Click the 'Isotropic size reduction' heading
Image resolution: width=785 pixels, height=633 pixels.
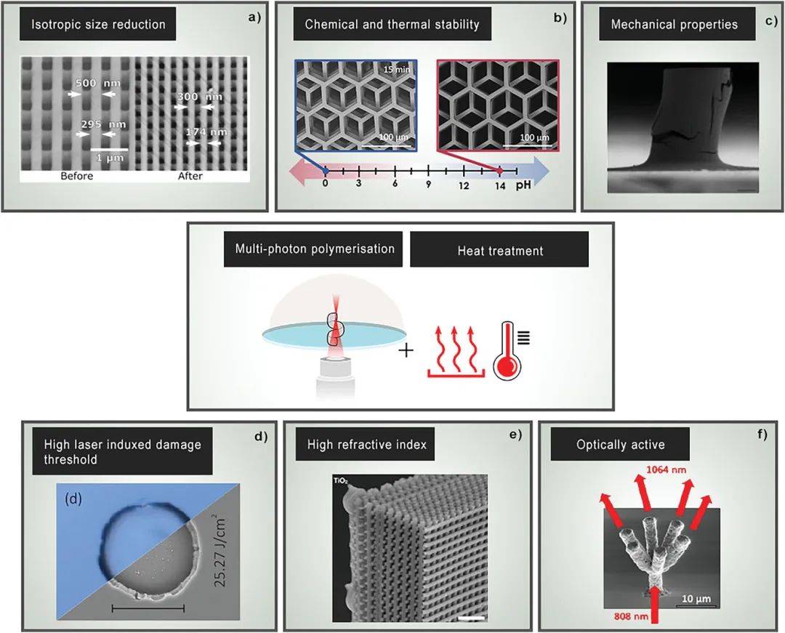(98, 25)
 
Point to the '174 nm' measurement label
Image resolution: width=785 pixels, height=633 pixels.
(206, 132)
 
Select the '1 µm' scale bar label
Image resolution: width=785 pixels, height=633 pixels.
(110, 158)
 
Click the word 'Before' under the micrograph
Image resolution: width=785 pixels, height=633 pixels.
(76, 176)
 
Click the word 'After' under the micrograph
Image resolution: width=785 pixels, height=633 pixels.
(190, 176)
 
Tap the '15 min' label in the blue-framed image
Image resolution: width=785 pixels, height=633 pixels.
(397, 70)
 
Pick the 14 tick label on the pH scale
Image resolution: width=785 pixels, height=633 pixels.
(499, 186)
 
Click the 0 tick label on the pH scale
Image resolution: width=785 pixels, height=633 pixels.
(326, 183)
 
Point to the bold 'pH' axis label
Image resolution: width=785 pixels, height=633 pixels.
(523, 184)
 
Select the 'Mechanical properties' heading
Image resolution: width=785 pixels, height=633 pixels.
(675, 24)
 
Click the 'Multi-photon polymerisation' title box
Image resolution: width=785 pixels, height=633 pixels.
(313, 249)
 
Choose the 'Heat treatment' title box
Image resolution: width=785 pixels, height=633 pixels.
(499, 250)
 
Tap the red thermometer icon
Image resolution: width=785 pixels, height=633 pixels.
(508, 350)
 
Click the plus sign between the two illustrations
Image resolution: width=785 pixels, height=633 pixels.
(406, 350)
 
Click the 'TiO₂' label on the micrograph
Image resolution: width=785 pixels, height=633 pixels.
(340, 481)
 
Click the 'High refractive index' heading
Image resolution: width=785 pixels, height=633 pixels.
(367, 444)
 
